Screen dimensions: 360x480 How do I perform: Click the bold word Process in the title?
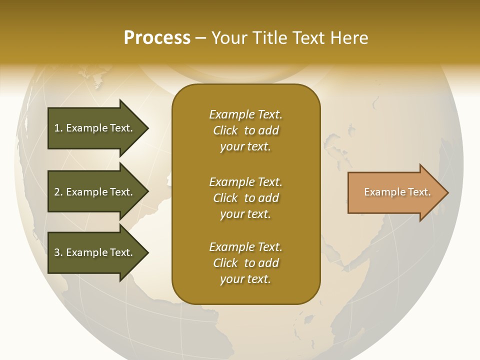157,37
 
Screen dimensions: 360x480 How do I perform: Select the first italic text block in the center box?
245,130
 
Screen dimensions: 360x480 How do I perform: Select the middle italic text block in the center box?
245,198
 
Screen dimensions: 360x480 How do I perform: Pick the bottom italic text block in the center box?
245,263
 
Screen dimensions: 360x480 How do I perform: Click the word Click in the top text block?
225,130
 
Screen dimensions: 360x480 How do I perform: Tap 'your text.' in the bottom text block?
245,279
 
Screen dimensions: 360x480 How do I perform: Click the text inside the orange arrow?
397,192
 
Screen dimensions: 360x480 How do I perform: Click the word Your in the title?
230,37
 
